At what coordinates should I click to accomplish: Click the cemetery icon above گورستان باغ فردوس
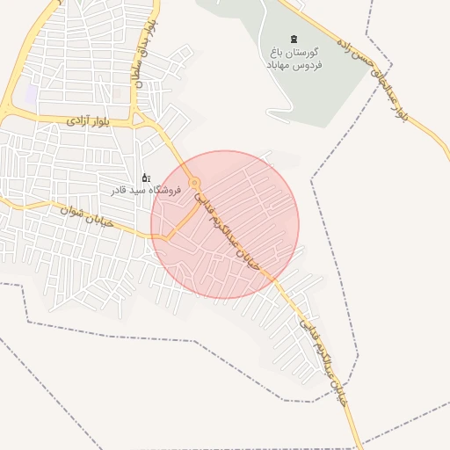click(294, 38)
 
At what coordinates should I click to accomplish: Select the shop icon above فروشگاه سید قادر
click(146, 178)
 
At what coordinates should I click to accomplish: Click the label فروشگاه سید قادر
click(146, 190)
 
